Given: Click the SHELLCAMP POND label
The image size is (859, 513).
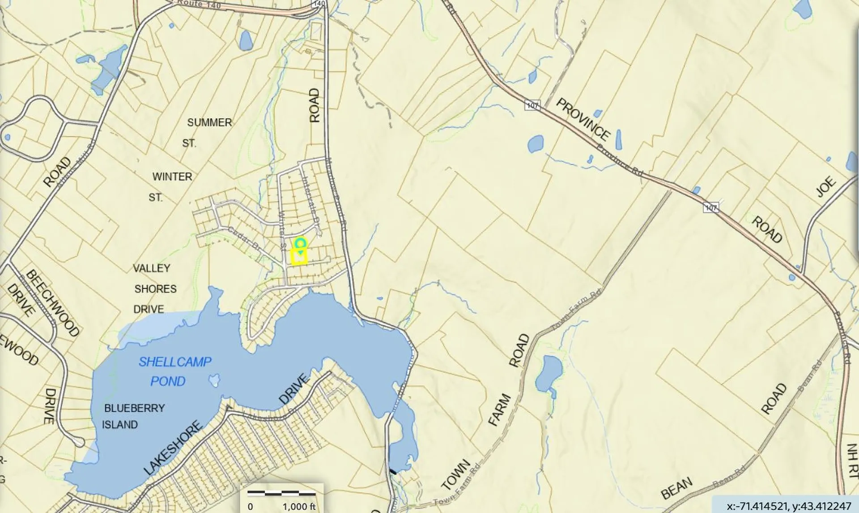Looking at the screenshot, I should tap(174, 371).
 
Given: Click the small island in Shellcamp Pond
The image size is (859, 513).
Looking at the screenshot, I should tap(214, 380).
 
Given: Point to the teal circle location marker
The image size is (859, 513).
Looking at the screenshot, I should tap(300, 243).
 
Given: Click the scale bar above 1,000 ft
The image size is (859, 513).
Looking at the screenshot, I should tap(282, 493).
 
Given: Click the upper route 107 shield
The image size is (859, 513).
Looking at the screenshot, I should tap(532, 106).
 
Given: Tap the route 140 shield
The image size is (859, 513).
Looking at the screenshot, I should tap(319, 3).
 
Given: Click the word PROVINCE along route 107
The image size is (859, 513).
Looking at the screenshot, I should tap(583, 120).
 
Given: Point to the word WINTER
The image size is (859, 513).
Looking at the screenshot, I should tap(172, 177).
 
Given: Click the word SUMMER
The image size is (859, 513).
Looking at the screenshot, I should tap(209, 122).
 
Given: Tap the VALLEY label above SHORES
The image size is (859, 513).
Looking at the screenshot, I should tap(152, 268).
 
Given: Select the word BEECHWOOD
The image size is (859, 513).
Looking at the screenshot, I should tap(53, 303).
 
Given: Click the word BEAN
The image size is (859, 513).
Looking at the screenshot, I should tap(676, 488).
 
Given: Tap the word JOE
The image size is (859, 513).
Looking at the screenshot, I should tap(826, 187).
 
